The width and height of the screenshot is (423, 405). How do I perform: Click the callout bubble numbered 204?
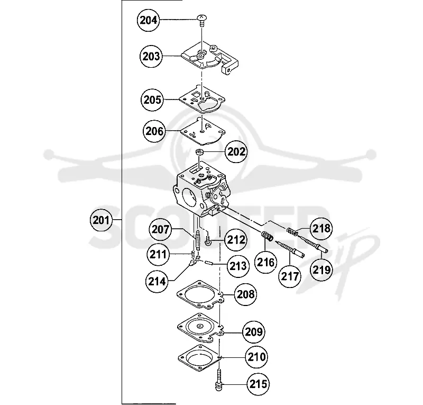(148, 20)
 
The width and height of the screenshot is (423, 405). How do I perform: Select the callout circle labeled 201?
(101, 220)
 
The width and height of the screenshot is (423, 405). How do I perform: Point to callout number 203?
(151, 57)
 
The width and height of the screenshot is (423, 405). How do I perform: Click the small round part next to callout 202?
(199, 152)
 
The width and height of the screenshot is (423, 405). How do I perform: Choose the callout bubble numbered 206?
(154, 131)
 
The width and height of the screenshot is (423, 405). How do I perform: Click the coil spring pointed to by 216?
(267, 236)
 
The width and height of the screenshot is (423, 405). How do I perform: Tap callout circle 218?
(321, 229)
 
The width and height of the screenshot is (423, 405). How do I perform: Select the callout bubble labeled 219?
(321, 269)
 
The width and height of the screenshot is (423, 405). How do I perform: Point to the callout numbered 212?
(236, 240)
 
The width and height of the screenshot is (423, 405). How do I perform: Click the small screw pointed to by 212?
(208, 241)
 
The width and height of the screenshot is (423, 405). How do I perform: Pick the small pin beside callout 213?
(209, 262)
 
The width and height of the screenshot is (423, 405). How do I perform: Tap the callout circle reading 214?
(157, 282)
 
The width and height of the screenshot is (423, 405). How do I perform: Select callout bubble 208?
(245, 294)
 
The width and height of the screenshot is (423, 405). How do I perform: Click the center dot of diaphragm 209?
(199, 326)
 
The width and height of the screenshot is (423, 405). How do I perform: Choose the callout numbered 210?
(256, 357)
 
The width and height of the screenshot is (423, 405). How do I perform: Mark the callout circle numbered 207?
(160, 230)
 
